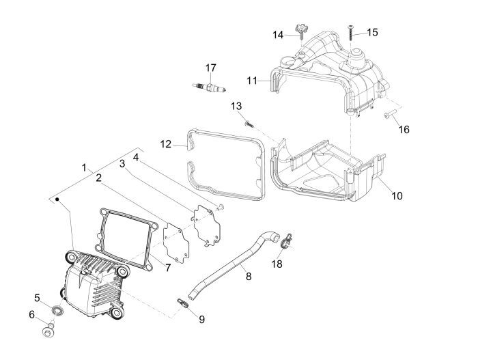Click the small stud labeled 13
[249, 124]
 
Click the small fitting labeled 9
[184, 303]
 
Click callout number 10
[397, 196]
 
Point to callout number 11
[252, 81]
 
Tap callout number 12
[165, 144]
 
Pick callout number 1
[84, 167]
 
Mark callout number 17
[210, 67]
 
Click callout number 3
[122, 164]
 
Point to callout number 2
[99, 178]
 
